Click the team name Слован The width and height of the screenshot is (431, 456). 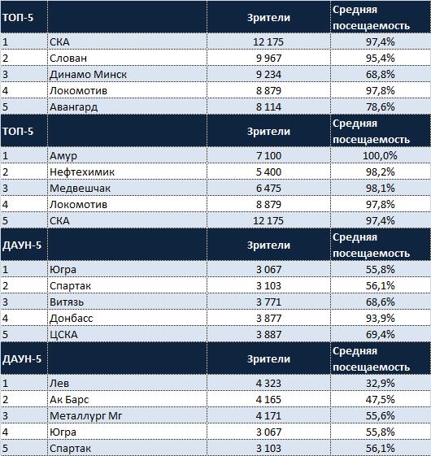tap(68, 59)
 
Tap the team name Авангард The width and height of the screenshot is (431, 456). tap(74, 107)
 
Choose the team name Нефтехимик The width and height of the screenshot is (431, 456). tap(82, 172)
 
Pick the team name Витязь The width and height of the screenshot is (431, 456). tap(67, 302)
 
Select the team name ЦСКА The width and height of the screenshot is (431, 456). tap(63, 334)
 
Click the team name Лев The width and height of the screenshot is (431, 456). tap(59, 383)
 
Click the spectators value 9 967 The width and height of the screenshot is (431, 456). tap(268, 59)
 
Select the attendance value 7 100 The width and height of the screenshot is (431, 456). tap(268, 156)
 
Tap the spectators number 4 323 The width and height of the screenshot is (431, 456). tap(268, 384)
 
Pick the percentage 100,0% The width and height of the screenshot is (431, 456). tap(380, 156)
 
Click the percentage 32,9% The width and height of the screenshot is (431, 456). tap(380, 384)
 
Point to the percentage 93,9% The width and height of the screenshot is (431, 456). tap(380, 318)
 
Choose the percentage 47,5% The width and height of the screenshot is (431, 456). tap(380, 400)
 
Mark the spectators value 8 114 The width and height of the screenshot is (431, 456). tap(268, 107)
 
